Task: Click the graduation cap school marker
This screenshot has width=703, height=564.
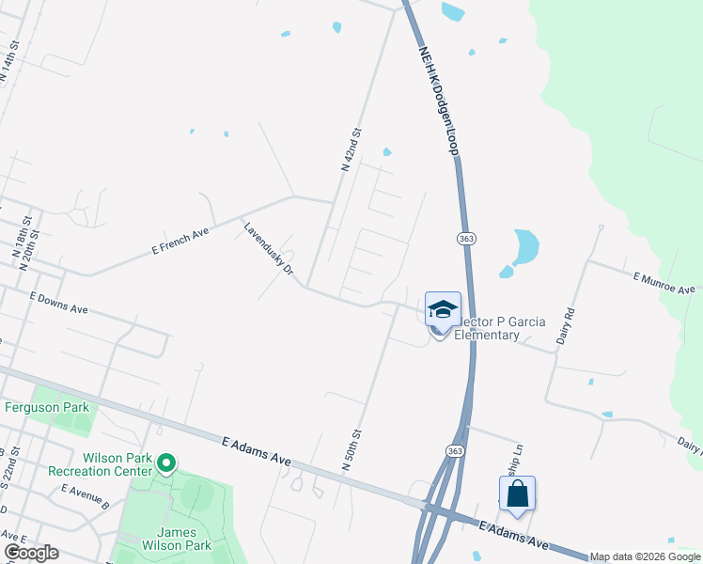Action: click(443, 309)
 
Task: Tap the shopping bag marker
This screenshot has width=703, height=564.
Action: click(517, 493)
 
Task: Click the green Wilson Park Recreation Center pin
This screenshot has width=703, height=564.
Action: click(166, 462)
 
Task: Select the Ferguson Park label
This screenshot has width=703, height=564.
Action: click(47, 407)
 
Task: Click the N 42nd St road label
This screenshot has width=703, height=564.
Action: click(351, 149)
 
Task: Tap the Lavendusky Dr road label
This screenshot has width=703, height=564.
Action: click(269, 254)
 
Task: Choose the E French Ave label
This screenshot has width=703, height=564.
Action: click(179, 240)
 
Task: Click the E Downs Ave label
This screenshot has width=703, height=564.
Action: click(58, 302)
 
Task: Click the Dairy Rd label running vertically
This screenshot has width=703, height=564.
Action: click(566, 324)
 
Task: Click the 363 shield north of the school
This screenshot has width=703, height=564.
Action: click(466, 239)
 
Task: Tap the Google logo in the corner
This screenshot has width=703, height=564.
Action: click(30, 553)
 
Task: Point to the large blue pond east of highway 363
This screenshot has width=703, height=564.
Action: click(524, 246)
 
